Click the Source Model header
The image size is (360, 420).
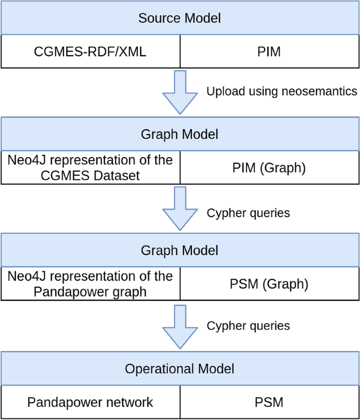coord(180,18)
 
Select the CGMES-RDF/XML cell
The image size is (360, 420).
coord(90,52)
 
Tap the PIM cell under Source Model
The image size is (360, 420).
coord(270,52)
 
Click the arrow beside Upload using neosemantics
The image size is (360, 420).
coord(180,93)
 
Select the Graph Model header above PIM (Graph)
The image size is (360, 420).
coord(180,134)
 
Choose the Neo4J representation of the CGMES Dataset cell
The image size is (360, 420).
coord(90,167)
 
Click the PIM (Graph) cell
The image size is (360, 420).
coord(270,167)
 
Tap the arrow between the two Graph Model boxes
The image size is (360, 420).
coord(180,209)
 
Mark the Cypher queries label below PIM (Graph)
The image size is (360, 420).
coord(248,213)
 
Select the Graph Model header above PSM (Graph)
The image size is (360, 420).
coord(180,250)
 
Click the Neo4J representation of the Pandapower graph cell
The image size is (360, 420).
coord(90,284)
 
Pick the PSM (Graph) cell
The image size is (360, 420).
coord(270,284)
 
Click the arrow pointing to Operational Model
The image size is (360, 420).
coord(180,327)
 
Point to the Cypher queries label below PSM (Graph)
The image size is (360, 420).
coord(248,325)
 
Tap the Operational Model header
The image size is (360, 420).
coord(180,369)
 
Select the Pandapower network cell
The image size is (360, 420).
coord(90,402)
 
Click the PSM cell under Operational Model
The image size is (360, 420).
coord(270,402)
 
